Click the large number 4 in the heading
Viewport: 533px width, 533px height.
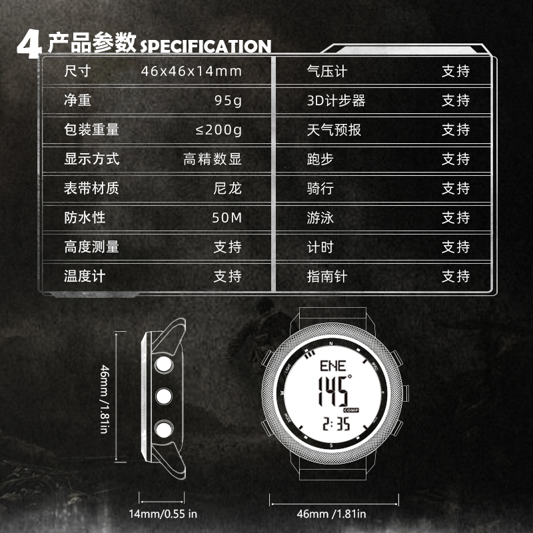[30, 44]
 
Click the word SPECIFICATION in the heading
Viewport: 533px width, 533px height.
[205, 46]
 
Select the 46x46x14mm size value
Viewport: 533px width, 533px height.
[191, 71]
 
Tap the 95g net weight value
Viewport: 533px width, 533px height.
[228, 101]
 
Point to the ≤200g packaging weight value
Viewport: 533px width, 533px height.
[214, 130]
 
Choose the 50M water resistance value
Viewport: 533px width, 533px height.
[227, 218]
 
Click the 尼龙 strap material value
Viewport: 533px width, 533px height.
[227, 189]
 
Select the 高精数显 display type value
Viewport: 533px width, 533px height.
[213, 159]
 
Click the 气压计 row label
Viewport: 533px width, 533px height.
[326, 71]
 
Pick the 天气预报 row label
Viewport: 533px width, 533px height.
[333, 130]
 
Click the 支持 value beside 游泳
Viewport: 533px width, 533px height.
[456, 218]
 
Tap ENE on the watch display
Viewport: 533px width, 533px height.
[332, 366]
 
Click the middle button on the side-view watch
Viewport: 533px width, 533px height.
[163, 396]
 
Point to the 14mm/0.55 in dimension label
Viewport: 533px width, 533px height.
[163, 514]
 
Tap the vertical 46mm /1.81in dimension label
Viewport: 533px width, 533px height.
[104, 397]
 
